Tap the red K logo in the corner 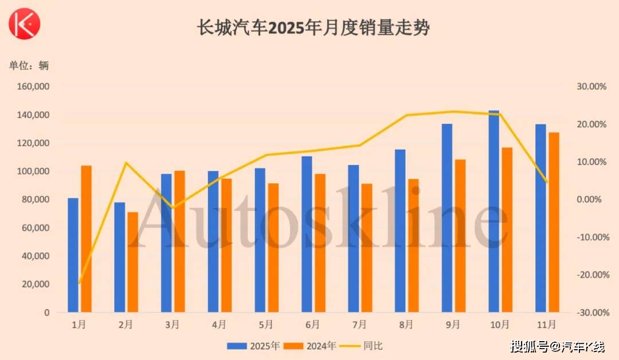point(23,24)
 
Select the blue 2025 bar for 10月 point(493,212)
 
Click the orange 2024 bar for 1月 point(86,239)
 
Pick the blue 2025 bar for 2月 point(119,257)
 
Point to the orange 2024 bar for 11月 point(554,222)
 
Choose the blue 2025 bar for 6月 point(307,234)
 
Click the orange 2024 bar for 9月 point(460,236)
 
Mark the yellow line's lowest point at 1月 point(80,283)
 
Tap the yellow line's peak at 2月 point(126,163)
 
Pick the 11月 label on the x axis point(546,325)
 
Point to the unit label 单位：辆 point(29,65)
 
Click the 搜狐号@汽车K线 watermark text point(557,346)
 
